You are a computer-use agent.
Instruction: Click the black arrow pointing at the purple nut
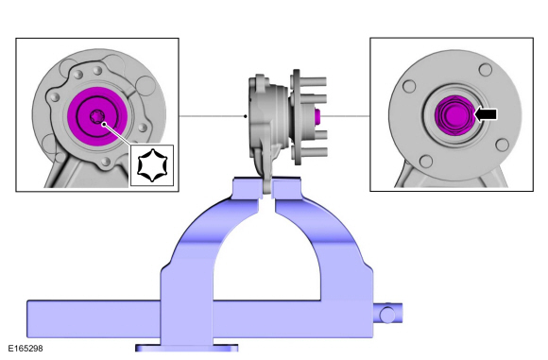[x=486, y=114]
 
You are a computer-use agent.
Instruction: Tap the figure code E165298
[x=26, y=349]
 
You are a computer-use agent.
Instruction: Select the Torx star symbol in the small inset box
[x=152, y=165]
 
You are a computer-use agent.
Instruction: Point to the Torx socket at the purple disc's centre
[x=96, y=116]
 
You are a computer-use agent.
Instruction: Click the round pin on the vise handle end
[x=386, y=315]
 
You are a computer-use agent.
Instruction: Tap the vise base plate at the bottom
[x=187, y=348]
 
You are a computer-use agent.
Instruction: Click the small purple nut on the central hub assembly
[x=317, y=116]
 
